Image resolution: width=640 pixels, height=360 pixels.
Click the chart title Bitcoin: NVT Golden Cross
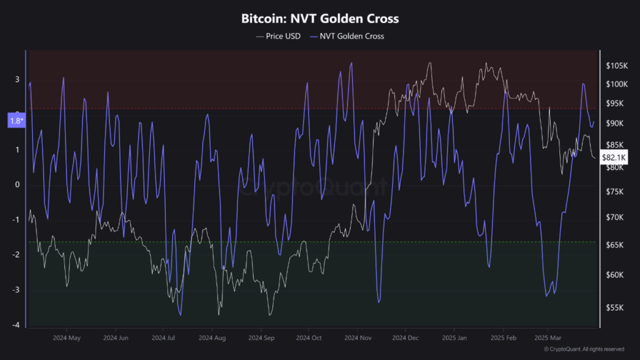[x=320, y=19]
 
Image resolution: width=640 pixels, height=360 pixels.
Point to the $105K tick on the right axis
[x=616, y=66]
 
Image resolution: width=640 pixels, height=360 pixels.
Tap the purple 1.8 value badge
[x=16, y=121]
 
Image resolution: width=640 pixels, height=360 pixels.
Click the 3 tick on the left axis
[x=17, y=79]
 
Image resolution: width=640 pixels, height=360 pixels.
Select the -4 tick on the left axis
[x=16, y=325]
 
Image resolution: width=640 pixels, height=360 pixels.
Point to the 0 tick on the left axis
[x=17, y=184]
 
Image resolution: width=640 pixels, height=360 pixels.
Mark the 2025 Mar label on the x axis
[x=548, y=337]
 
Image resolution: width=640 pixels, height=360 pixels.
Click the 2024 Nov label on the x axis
[x=357, y=337]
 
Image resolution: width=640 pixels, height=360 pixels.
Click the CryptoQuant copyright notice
[x=583, y=349]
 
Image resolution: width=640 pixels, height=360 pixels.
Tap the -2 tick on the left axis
[x=16, y=254]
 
